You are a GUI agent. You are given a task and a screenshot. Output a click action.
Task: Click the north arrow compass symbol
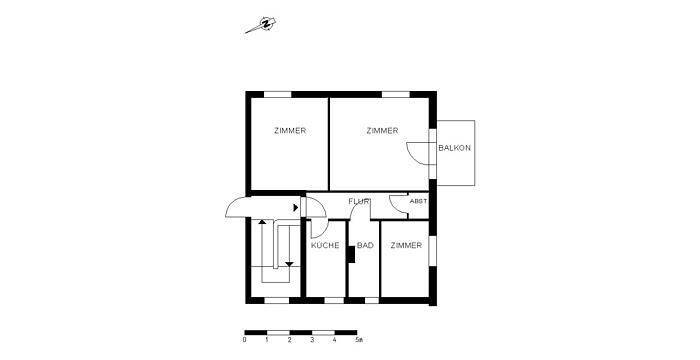point(261,25)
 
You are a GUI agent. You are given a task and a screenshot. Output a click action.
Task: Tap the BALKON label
point(454,148)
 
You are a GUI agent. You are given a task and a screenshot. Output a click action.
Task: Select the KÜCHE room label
point(325,245)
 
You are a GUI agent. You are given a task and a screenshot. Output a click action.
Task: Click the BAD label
point(365,245)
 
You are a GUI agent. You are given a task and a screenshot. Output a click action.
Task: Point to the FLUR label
point(359,201)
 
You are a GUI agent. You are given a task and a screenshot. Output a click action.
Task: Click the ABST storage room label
point(418,201)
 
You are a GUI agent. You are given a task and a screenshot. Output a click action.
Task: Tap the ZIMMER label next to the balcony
point(382,131)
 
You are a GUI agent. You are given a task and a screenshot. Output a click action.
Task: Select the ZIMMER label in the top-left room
point(290,131)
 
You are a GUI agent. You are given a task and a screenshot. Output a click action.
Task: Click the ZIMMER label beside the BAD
point(406,245)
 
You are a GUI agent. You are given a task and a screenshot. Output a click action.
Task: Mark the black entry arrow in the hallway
point(296,207)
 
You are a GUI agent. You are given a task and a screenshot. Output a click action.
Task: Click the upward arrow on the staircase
point(262,222)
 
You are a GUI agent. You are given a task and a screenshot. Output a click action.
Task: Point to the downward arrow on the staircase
point(289,264)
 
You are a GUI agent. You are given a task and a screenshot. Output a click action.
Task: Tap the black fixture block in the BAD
point(351,254)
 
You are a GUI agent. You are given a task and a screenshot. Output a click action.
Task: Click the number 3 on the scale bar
point(312,340)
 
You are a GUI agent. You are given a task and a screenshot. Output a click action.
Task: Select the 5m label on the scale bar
point(358,340)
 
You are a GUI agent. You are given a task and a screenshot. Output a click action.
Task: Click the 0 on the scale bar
point(244,340)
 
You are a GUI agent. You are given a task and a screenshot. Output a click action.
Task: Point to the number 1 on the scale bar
point(267,340)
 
